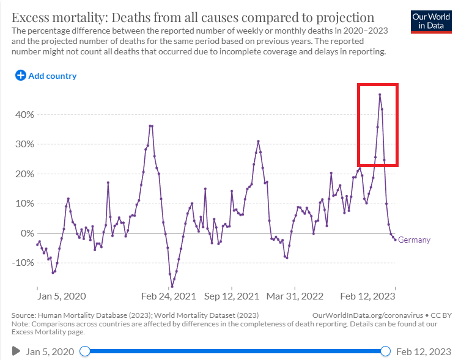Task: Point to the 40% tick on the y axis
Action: click(25, 115)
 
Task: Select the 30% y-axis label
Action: click(25, 144)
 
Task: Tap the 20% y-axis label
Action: click(25, 174)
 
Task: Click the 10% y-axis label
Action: click(25, 204)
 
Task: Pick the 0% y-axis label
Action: click(28, 233)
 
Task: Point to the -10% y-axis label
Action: click(24, 263)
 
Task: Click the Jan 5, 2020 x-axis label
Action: click(62, 296)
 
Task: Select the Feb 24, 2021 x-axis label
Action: click(168, 296)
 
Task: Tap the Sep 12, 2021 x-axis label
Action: click(231, 296)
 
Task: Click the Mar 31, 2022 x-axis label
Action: click(295, 296)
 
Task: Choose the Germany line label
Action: click(414, 240)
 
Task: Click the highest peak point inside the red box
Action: click(380, 95)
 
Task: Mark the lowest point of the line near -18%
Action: click(172, 286)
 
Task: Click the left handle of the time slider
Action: click(85, 351)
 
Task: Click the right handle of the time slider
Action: click(385, 351)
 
